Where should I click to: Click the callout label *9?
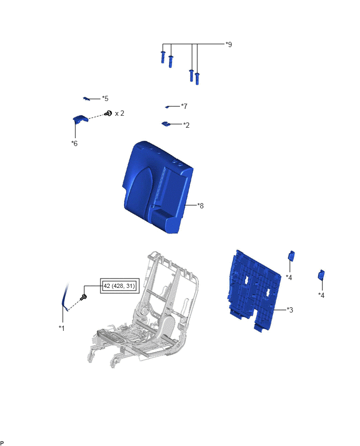229,44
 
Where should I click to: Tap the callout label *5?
105,98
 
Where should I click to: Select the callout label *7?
184,106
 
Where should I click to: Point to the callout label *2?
186,125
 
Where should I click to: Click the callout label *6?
74,143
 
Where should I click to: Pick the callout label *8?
200,205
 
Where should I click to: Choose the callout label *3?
290,310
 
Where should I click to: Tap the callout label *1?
62,328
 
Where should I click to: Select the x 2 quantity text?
119,113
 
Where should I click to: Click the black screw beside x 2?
108,114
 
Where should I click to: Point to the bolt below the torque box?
84,297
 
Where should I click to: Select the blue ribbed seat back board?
254,290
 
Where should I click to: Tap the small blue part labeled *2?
165,124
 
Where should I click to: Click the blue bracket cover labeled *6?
80,119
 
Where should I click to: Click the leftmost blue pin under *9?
163,57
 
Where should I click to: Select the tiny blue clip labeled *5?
86,99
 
